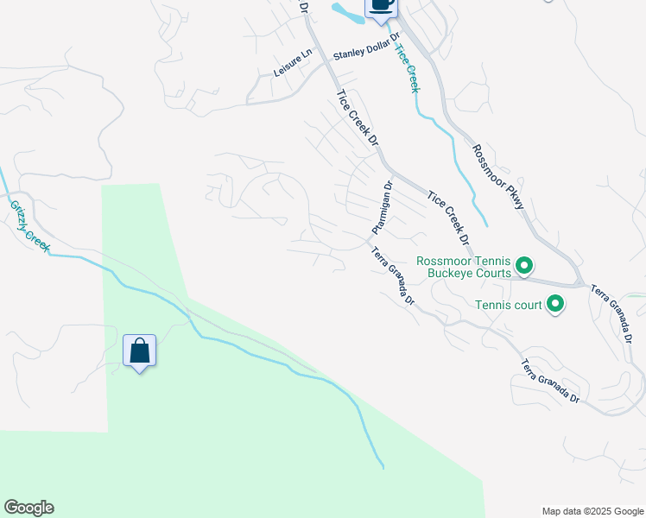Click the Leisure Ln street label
[x=292, y=65]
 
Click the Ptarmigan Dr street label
[x=383, y=207]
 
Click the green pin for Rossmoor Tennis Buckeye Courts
[x=523, y=266]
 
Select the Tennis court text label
[x=508, y=304]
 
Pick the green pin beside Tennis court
[x=555, y=304]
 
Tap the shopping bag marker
[x=139, y=351]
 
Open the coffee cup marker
[x=381, y=5]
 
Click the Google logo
[x=28, y=508]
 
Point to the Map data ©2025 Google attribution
[x=592, y=510]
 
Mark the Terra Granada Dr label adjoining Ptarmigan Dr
[x=394, y=276]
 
